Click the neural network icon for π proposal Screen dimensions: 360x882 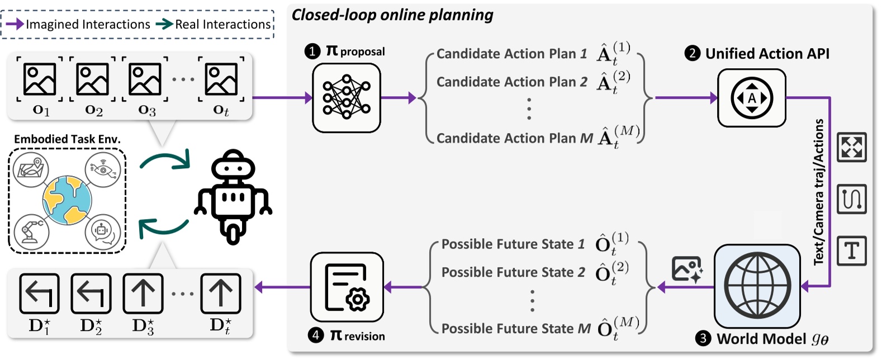click(346, 98)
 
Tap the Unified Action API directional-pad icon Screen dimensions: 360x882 click(752, 98)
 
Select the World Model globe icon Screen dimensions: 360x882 click(757, 286)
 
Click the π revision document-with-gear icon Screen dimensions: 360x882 click(347, 287)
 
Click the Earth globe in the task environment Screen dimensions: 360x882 click(67, 200)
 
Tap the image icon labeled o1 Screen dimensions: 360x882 click(40, 79)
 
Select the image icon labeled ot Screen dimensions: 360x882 click(221, 79)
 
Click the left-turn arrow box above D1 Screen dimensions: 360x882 click(39, 293)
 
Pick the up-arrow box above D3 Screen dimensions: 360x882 click(143, 293)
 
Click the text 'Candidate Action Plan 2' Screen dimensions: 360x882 click(511, 82)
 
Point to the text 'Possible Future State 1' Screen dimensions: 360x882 click(513, 244)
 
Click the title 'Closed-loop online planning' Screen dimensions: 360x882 click(392, 15)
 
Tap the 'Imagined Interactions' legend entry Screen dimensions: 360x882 click(87, 25)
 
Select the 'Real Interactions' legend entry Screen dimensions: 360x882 click(222, 25)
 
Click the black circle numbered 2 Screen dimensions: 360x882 click(693, 54)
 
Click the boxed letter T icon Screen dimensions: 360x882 click(852, 250)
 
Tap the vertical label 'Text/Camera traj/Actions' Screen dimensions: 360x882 click(819, 192)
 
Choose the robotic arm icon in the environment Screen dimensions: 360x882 click(31, 231)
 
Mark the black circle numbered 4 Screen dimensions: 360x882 click(316, 335)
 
